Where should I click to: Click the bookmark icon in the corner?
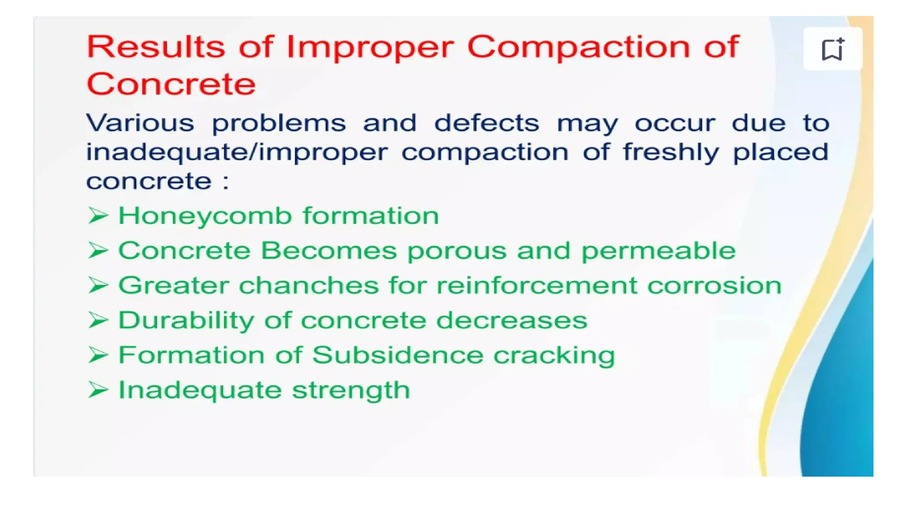click(832, 49)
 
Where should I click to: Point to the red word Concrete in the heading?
click(171, 84)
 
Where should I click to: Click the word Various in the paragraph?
click(140, 123)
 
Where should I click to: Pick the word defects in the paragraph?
click(486, 123)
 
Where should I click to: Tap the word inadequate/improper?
click(236, 152)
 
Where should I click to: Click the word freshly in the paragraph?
click(671, 152)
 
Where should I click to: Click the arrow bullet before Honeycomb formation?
click(98, 216)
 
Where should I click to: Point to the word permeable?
click(658, 251)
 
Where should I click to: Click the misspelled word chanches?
click(308, 286)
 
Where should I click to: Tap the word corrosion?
click(715, 286)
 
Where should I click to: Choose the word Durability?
click(186, 320)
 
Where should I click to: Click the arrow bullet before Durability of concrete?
click(98, 320)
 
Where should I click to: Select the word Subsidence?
click(398, 355)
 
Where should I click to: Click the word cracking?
click(554, 355)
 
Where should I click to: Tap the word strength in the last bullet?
click(351, 390)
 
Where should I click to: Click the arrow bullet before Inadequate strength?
click(98, 390)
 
